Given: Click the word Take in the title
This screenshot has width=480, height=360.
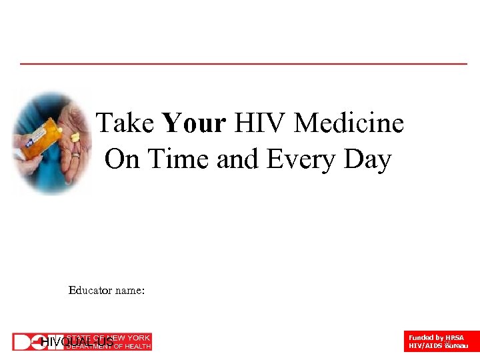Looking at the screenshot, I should pyautogui.click(x=125, y=123).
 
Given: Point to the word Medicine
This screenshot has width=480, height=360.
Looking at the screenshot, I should pyautogui.click(x=349, y=123).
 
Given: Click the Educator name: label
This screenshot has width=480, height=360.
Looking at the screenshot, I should pyautogui.click(x=107, y=291).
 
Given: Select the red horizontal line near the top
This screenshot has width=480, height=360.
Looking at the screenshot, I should pyautogui.click(x=243, y=64).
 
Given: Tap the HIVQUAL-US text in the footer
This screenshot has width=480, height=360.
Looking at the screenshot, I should pyautogui.click(x=77, y=343).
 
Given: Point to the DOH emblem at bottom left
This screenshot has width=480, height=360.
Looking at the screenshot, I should pyautogui.click(x=27, y=342).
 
